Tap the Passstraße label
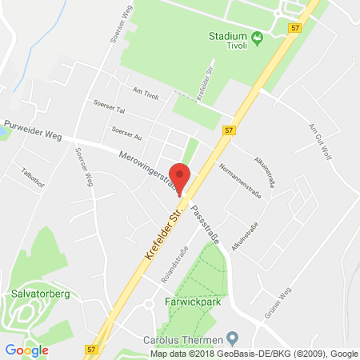coord(204,218)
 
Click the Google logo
coord(26,349)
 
